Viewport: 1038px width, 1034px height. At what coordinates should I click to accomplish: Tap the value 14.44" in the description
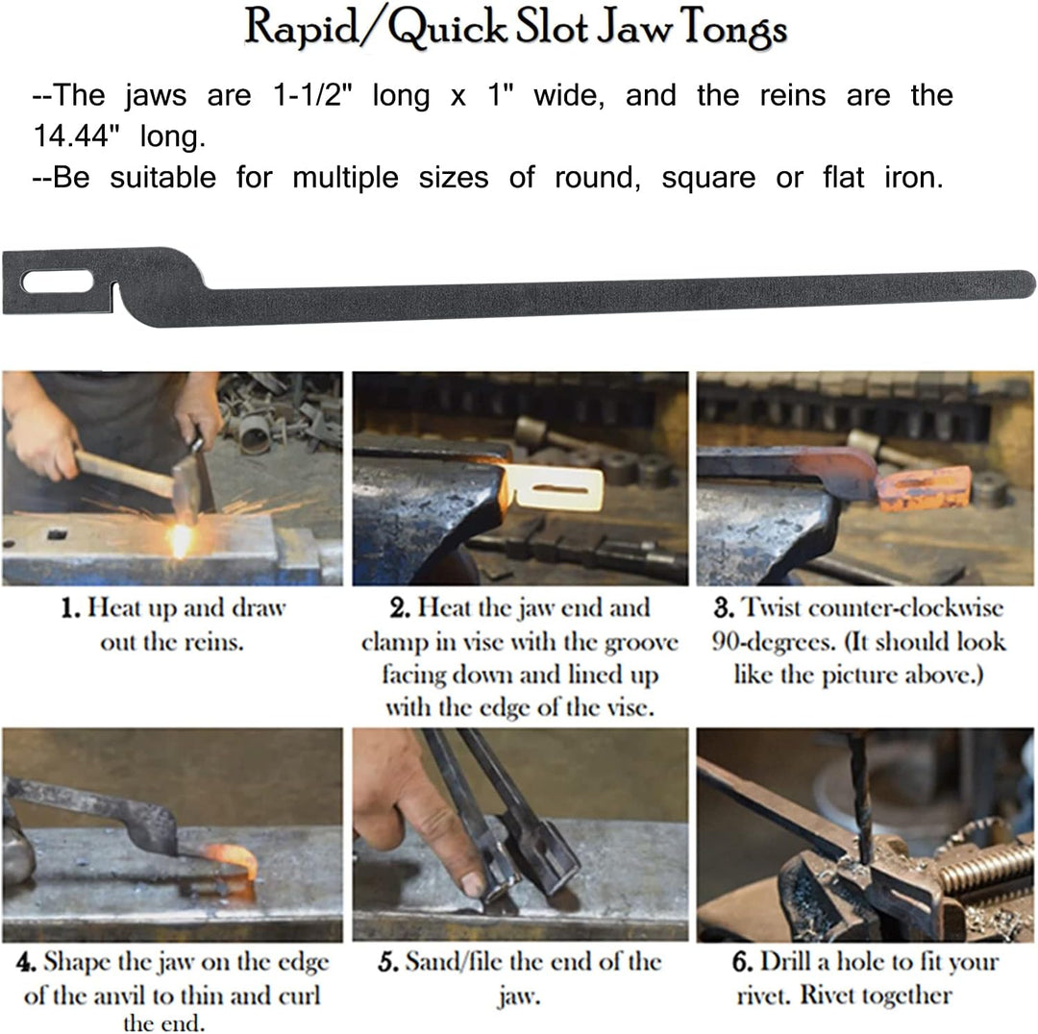coord(76,136)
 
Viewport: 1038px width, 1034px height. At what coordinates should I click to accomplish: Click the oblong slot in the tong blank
coord(58,282)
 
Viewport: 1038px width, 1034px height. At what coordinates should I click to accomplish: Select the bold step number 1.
coord(70,607)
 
